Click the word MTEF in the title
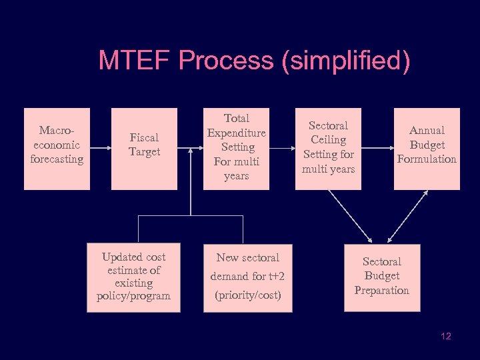135,61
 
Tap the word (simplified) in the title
345,61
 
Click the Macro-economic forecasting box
57,149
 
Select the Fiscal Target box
144,149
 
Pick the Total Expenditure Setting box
236,149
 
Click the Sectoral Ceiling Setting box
328,149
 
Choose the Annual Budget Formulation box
427,149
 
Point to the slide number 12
446,336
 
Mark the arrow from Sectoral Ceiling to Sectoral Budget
350,215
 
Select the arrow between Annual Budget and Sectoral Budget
408,215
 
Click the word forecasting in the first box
57,159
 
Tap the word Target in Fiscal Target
145,152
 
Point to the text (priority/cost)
247,295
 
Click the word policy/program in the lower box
133,295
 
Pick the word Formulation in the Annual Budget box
427,159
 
